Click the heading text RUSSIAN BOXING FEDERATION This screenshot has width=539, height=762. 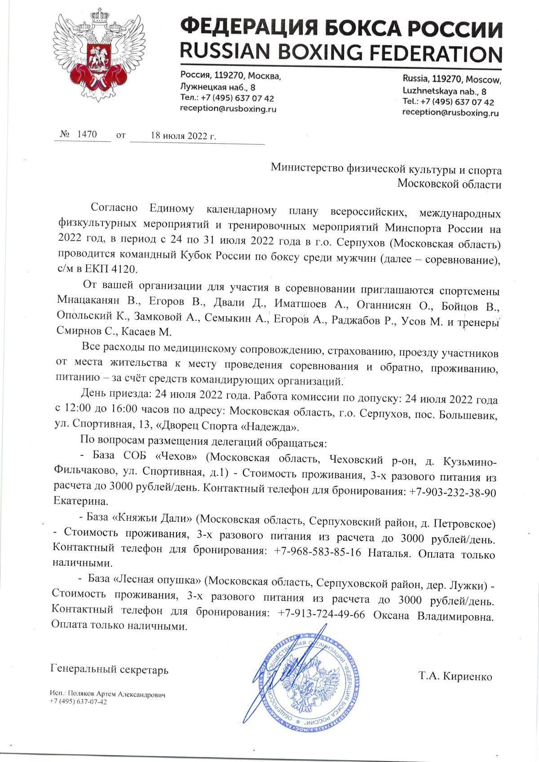(x=340, y=53)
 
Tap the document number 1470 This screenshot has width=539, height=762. (x=87, y=135)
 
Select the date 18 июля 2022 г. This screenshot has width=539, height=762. (x=183, y=136)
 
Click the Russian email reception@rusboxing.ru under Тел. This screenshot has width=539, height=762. (x=228, y=108)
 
